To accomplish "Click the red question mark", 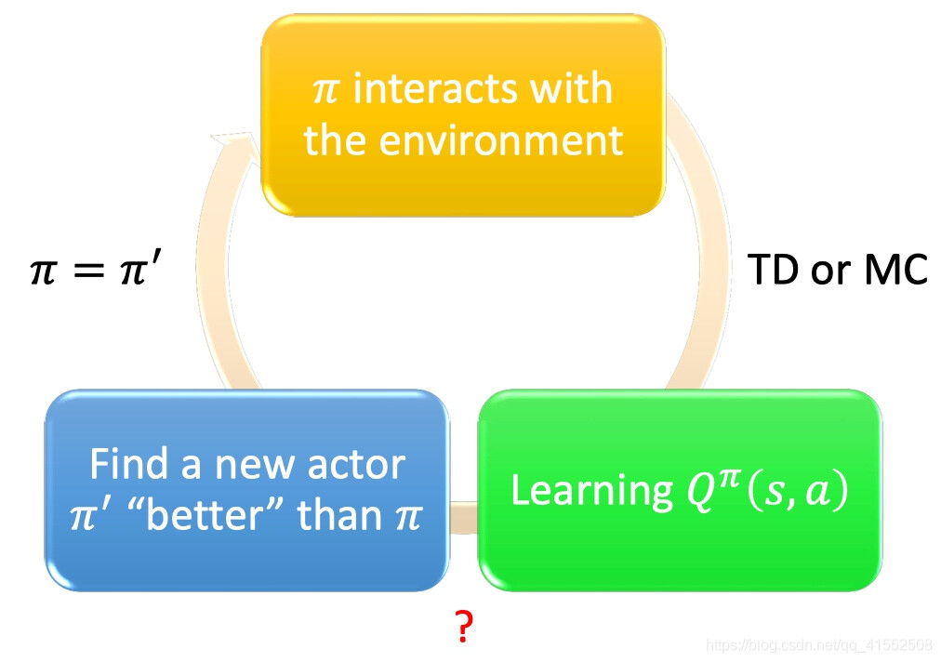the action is point(463,626).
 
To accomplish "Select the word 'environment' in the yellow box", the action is point(501,141).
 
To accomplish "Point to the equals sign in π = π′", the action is point(88,271).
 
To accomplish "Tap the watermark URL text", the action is point(818,646).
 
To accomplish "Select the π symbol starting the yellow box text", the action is point(325,91).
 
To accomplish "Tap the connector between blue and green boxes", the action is point(464,517).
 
